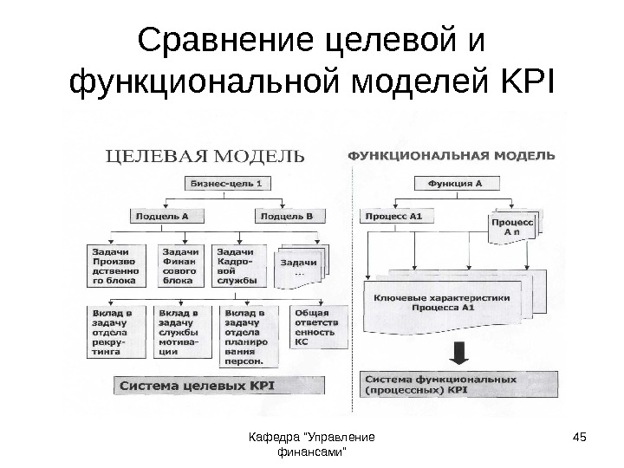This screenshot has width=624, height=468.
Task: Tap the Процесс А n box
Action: coord(511,228)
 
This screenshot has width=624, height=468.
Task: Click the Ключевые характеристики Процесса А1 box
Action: coord(455,301)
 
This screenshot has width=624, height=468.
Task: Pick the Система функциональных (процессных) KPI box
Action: coord(453,385)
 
